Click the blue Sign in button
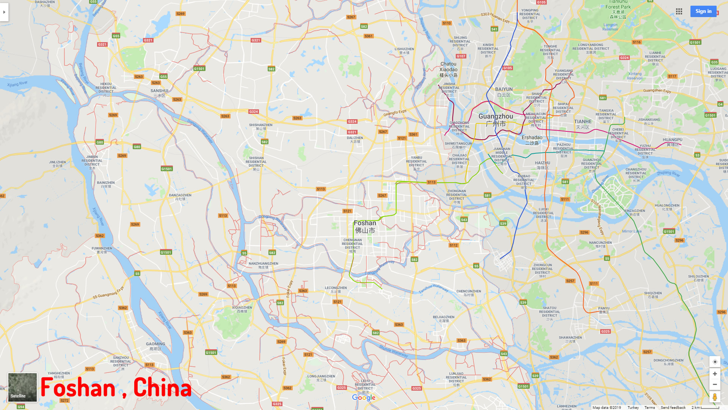[x=703, y=11]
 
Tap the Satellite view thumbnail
[x=22, y=387]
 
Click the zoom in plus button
[x=715, y=374]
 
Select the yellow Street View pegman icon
[x=715, y=397]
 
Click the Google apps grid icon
[x=679, y=11]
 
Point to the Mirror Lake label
[x=632, y=231]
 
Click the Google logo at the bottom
[x=364, y=397]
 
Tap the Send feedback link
[x=673, y=407]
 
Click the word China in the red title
[x=162, y=388]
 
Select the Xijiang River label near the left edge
[x=17, y=84]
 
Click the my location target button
[x=715, y=361]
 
